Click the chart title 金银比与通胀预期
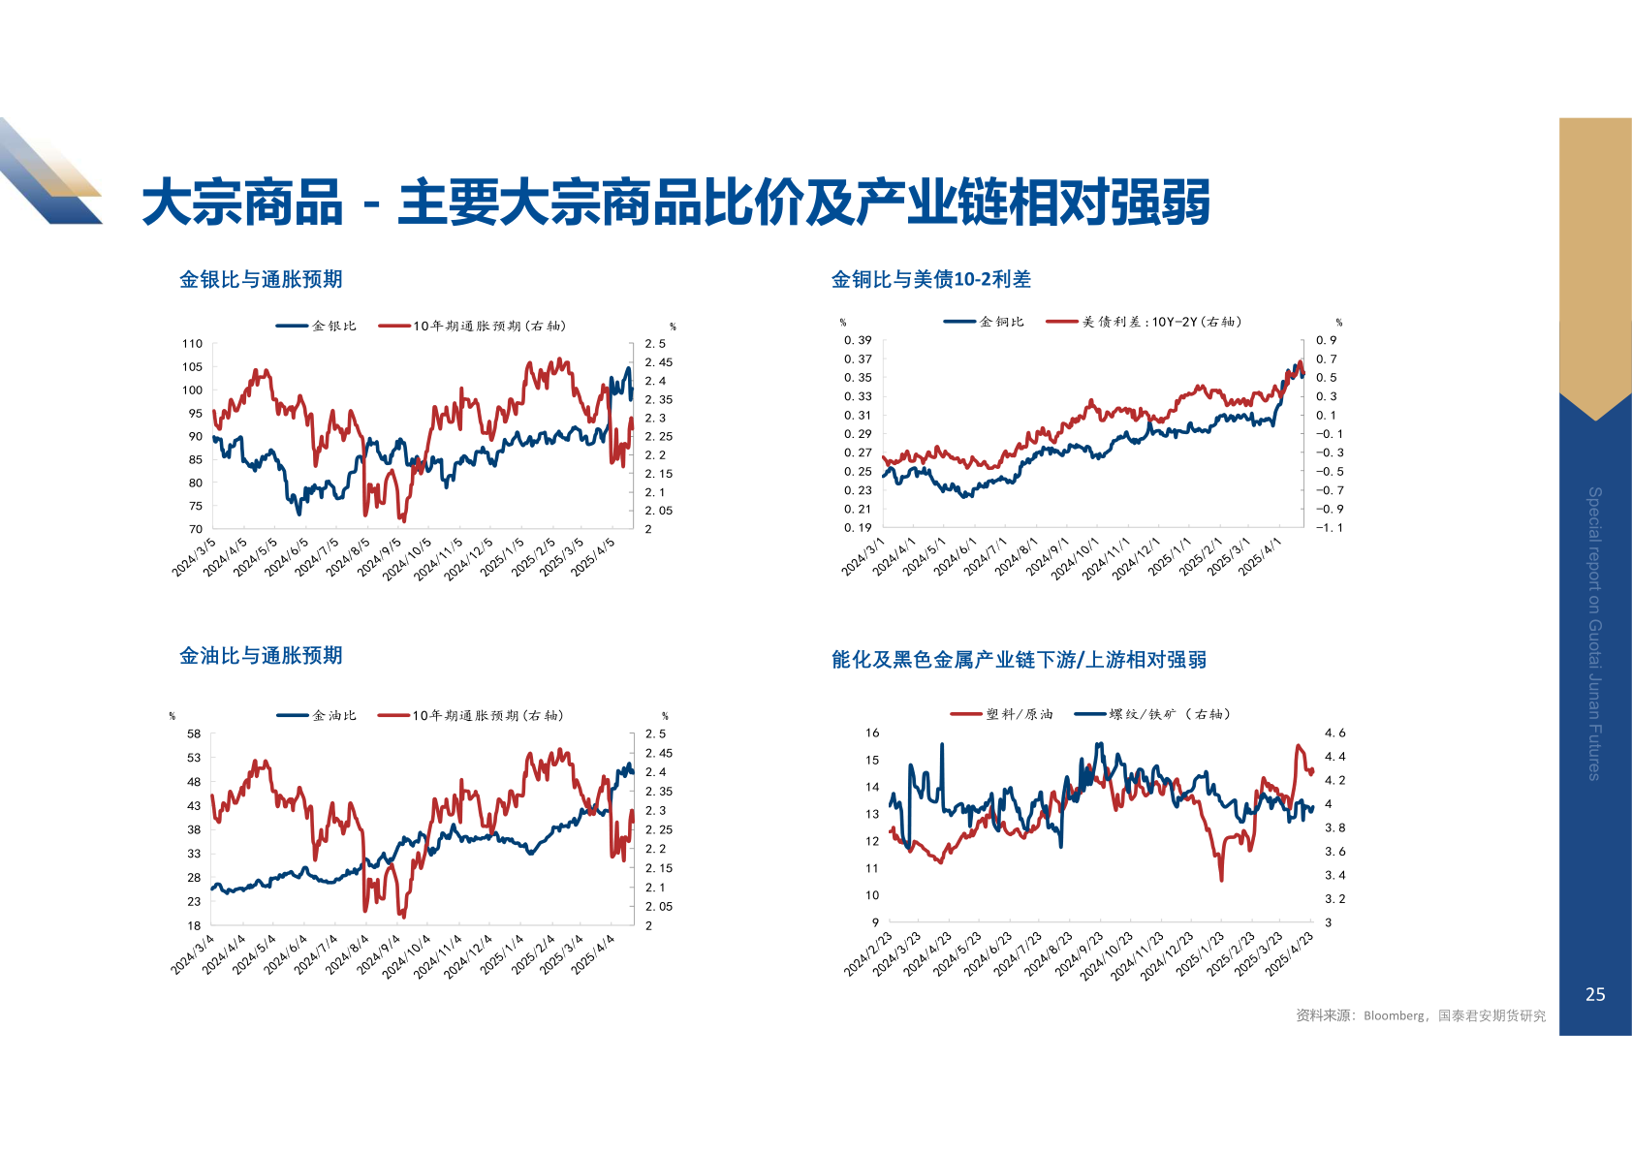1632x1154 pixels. tap(261, 280)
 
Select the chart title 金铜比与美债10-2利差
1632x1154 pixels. tap(930, 280)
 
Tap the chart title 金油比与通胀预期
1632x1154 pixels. tap(261, 656)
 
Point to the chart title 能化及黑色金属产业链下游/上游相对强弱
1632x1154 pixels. tap(1019, 660)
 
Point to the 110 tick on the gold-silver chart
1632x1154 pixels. tap(192, 344)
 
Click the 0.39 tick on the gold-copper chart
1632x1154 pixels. tap(858, 340)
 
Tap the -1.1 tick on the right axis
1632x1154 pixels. tap(1329, 528)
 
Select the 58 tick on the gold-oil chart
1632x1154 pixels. tap(194, 734)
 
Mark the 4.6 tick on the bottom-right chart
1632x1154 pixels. tap(1334, 733)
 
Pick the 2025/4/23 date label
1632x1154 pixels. tap(1290, 952)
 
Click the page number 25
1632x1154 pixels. tap(1595, 994)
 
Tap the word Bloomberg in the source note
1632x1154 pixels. tap(1394, 1016)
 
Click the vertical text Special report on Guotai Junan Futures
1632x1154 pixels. tap(1594, 633)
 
